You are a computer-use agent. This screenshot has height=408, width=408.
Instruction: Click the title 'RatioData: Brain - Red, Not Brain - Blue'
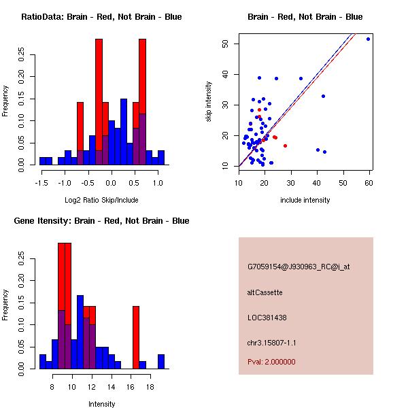pyautogui.click(x=101, y=16)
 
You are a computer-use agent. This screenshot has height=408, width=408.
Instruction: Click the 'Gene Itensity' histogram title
pyautogui.click(x=101, y=221)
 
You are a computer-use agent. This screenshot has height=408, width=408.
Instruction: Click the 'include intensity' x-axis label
pyautogui.click(x=305, y=200)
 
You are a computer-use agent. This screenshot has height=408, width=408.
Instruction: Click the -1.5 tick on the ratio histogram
pyautogui.click(x=40, y=182)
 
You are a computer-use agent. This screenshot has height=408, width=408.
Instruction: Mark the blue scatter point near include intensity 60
pyautogui.click(x=368, y=39)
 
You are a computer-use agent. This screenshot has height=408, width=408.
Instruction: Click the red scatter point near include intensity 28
pyautogui.click(x=285, y=146)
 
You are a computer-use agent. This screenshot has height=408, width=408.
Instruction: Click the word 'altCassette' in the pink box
pyautogui.click(x=265, y=292)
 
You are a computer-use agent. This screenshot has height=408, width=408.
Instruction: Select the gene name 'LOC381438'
pyautogui.click(x=267, y=318)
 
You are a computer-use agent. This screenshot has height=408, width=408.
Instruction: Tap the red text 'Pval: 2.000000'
pyautogui.click(x=271, y=362)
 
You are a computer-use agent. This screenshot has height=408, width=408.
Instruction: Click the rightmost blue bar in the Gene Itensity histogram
pyautogui.click(x=161, y=362)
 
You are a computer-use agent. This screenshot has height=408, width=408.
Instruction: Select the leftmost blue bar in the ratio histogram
pyautogui.click(x=43, y=161)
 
